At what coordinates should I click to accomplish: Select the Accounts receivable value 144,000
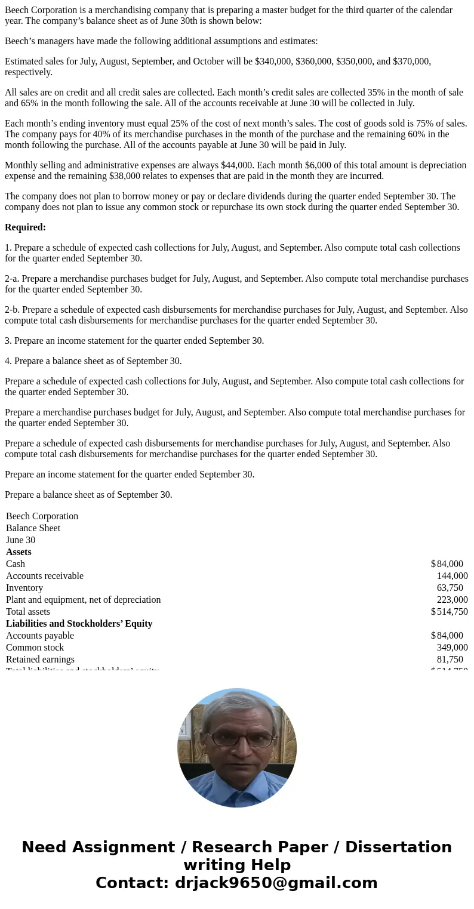(452, 575)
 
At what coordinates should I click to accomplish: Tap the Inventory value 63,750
(450, 587)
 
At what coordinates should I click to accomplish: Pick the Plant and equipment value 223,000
(452, 599)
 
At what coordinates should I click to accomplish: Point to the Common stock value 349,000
(452, 647)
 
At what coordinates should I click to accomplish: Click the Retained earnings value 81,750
(450, 659)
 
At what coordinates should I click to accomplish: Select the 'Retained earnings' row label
(40, 659)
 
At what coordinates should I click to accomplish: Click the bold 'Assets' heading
(19, 551)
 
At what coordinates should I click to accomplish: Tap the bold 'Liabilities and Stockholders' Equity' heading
(79, 623)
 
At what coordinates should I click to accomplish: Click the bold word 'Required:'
(25, 227)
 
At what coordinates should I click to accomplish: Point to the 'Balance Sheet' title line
(33, 528)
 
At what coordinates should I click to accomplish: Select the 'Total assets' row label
(28, 611)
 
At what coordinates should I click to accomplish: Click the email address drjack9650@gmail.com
(276, 883)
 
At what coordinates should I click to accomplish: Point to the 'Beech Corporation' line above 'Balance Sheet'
(42, 516)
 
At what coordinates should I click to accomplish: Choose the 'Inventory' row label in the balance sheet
(24, 587)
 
